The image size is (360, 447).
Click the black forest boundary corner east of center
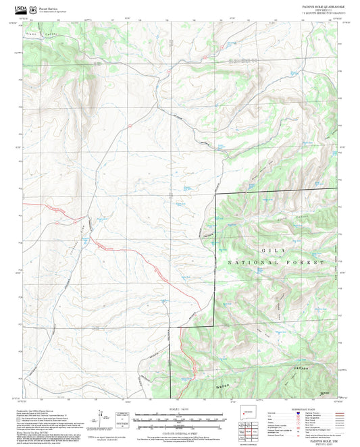pyautogui.click(x=215, y=194)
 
